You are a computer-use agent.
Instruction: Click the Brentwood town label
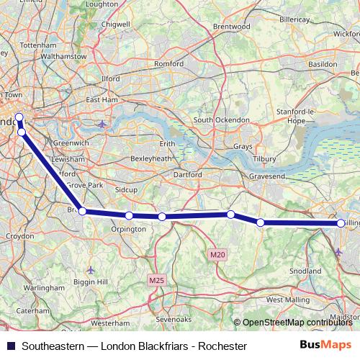[230, 27]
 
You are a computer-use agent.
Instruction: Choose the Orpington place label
[128, 230]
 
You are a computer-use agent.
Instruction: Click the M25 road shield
[157, 279]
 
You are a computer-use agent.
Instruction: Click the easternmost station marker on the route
[341, 223]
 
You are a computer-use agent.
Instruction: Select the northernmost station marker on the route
[19, 117]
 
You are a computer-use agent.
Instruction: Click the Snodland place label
[305, 271]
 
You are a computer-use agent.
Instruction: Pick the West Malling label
[287, 299]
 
